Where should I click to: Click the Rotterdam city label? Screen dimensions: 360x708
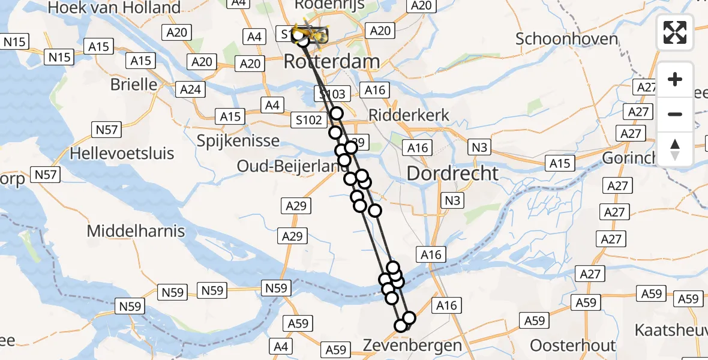(332, 61)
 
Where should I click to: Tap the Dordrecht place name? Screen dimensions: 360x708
(452, 173)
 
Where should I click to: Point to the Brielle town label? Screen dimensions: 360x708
(134, 84)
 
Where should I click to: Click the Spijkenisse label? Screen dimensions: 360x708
(238, 140)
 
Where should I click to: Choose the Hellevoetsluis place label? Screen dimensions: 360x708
(122, 153)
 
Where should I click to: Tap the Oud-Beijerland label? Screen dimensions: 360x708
(288, 166)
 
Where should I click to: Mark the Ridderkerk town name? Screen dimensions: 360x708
(409, 115)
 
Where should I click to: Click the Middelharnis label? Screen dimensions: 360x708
(136, 230)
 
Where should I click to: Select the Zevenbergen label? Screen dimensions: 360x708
(413, 345)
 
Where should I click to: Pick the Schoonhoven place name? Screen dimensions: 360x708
(566, 39)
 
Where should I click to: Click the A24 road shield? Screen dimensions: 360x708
(191, 90)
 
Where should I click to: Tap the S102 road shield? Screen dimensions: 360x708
(309, 120)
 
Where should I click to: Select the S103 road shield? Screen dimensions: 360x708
(331, 94)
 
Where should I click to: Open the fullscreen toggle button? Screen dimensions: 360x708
(675, 32)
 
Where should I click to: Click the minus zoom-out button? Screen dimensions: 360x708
(675, 114)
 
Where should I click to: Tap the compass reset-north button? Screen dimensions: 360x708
(675, 149)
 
